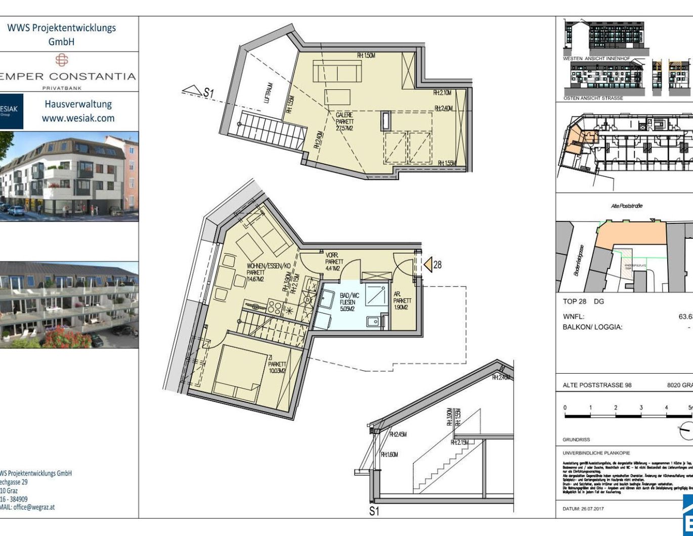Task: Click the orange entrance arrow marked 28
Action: point(428,264)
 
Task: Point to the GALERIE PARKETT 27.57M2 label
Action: point(345,122)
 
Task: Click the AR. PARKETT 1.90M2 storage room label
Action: point(403,300)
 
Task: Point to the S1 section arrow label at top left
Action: point(208,93)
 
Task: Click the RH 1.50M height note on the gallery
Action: point(366,55)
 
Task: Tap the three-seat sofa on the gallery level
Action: point(337,71)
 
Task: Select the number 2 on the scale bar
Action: point(616,407)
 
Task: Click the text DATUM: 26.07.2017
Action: point(583,508)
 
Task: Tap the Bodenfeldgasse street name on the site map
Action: point(579,260)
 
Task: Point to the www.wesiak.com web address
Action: point(78,118)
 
